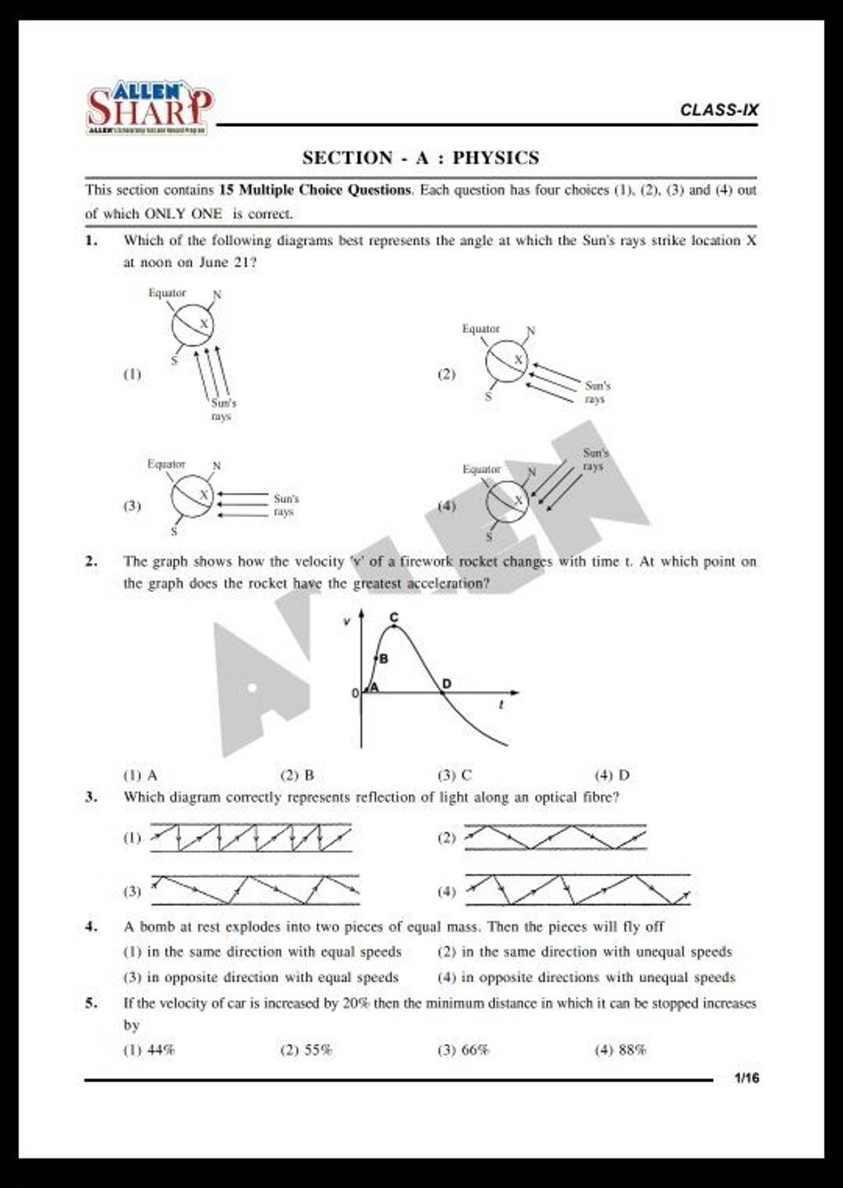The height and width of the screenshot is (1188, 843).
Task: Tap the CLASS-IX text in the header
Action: point(719,109)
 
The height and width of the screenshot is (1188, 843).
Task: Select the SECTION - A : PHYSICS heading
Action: point(421,157)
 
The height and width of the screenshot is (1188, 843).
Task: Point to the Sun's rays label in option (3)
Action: point(286,505)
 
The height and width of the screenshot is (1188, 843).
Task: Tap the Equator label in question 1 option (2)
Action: point(481,328)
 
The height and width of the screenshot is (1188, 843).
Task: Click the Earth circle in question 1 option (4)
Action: point(508,500)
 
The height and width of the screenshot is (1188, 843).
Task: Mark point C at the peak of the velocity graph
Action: point(394,617)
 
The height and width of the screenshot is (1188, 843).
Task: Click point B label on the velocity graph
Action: point(383,659)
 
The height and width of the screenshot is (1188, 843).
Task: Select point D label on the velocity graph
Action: point(447,683)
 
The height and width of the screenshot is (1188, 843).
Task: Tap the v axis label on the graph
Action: point(347,623)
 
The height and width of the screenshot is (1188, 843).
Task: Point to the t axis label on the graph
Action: point(501,706)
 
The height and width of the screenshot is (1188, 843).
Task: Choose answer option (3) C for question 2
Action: point(455,775)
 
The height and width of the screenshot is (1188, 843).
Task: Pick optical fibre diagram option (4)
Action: point(577,890)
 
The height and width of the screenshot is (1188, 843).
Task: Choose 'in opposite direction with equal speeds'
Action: point(261,977)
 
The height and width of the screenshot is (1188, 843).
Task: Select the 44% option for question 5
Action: point(149,1050)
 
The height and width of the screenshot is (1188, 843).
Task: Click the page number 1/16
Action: point(747,1079)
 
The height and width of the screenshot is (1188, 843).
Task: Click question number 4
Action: point(91,926)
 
